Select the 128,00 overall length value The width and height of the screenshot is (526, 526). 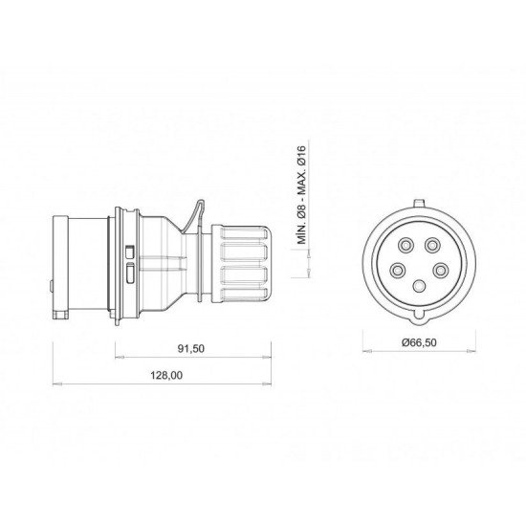164,378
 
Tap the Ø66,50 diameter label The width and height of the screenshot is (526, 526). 419,340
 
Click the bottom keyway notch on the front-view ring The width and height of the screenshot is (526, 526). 419,314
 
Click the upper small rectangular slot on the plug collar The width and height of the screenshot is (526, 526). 130,251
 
